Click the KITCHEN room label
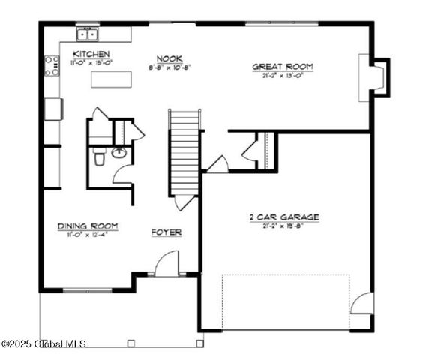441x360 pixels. click(x=91, y=55)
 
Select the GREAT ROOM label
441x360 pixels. click(x=282, y=67)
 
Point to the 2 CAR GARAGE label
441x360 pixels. click(x=284, y=217)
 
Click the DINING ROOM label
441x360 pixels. click(x=88, y=226)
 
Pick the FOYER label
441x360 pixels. click(x=166, y=232)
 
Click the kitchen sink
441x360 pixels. click(x=88, y=34)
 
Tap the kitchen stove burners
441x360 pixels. click(x=52, y=66)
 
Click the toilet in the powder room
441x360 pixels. click(x=99, y=157)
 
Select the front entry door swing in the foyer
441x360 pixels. click(x=167, y=263)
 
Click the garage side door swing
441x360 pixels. click(x=363, y=303)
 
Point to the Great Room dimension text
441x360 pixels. click(x=282, y=75)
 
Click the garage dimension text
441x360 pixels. click(x=284, y=225)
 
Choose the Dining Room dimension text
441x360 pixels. click(x=88, y=234)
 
